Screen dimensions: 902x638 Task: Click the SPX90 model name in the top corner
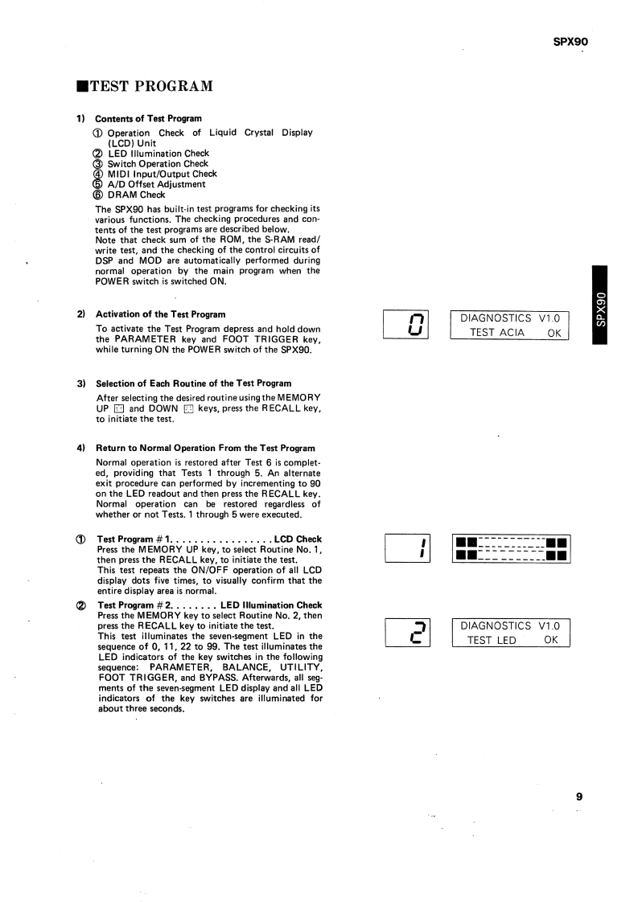click(576, 43)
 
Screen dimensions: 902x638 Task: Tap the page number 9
click(578, 797)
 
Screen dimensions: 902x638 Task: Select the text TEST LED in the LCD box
click(493, 640)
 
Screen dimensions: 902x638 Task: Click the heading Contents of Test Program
click(148, 119)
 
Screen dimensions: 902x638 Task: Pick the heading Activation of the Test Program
click(160, 314)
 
